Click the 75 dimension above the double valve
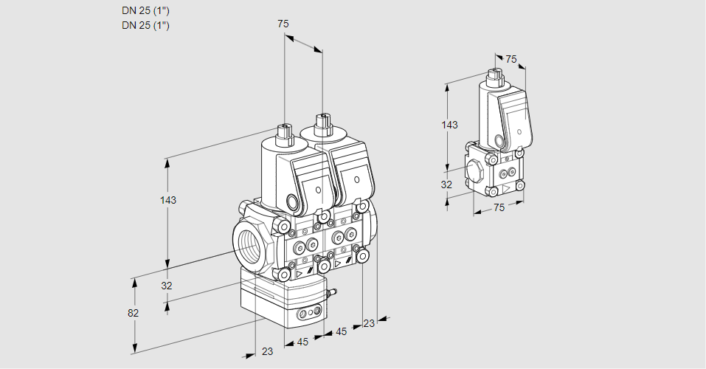click(x=283, y=24)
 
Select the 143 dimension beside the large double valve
click(x=168, y=200)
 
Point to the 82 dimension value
click(x=133, y=312)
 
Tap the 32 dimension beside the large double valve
click(x=167, y=286)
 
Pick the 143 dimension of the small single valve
click(x=449, y=125)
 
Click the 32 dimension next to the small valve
click(x=446, y=184)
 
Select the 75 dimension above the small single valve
click(x=511, y=60)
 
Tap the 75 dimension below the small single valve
click(x=499, y=208)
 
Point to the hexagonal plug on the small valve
click(x=477, y=170)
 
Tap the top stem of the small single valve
click(x=494, y=75)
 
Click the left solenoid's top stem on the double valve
click(x=283, y=132)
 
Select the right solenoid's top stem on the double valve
click(x=322, y=121)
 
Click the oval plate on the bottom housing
click(x=310, y=315)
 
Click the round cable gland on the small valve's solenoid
click(x=499, y=140)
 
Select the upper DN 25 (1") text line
click(x=145, y=11)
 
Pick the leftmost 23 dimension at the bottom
click(x=267, y=351)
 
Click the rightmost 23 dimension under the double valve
click(x=369, y=323)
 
